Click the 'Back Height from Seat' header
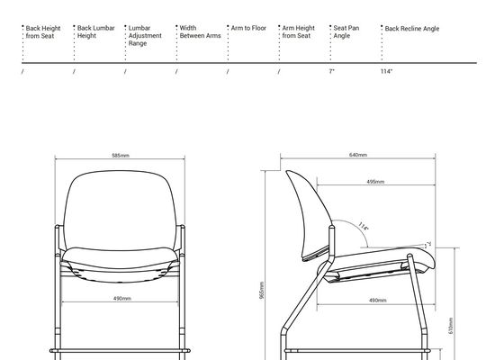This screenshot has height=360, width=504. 43,32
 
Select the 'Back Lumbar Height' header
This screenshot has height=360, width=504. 95,31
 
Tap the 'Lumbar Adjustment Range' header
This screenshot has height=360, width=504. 145,36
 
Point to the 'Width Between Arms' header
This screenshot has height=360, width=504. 200,31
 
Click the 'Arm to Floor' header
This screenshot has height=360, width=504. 248,28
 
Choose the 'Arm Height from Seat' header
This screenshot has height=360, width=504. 298,31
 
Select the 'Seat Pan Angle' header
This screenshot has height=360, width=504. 346,31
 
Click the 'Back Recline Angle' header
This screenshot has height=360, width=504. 412,29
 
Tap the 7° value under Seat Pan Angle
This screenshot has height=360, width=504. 332,71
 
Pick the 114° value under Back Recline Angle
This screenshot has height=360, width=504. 386,71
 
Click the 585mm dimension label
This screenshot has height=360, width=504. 121,156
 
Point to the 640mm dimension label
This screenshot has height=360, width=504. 358,155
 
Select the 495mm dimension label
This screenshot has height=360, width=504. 375,182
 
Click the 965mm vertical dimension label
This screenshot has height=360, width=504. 262,290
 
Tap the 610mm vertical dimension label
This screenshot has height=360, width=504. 451,326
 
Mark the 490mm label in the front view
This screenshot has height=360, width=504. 122,299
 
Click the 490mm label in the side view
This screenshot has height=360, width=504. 378,301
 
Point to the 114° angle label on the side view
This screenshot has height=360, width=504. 364,226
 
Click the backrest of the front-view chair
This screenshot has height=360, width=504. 120,209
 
